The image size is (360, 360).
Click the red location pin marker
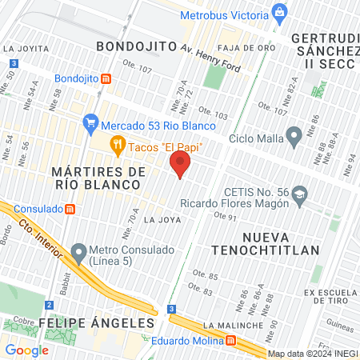pos(181,166)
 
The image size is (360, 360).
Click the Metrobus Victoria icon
pos(278,12)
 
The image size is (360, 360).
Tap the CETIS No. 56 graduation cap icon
pos(299,194)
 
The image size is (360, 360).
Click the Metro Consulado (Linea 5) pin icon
pos(78,253)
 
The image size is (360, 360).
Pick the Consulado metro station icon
pos(70,209)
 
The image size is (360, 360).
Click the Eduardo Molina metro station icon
pos(231,339)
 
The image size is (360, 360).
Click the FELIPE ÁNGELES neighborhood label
pos(96,322)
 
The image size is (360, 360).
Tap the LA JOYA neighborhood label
pos(158,218)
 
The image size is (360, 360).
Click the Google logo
pos(26,350)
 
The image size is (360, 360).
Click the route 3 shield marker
pos(170,308)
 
